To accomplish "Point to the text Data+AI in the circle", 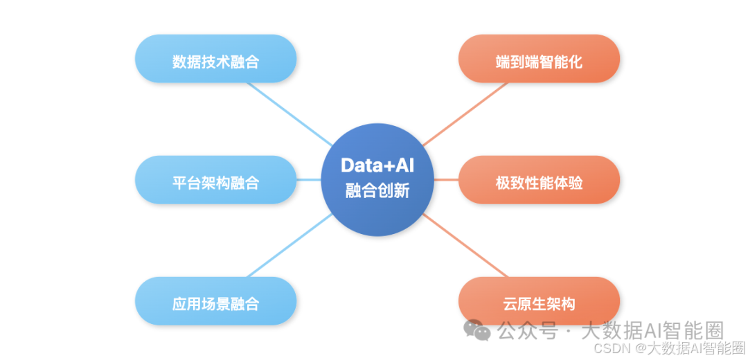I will pos(377,165).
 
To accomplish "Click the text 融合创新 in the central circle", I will pos(377,190).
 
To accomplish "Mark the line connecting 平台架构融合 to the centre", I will pos(309,180).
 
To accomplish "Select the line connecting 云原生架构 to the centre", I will pos(465,246).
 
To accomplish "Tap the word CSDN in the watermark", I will pos(612,348).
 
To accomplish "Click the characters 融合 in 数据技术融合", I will pos(244,61).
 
